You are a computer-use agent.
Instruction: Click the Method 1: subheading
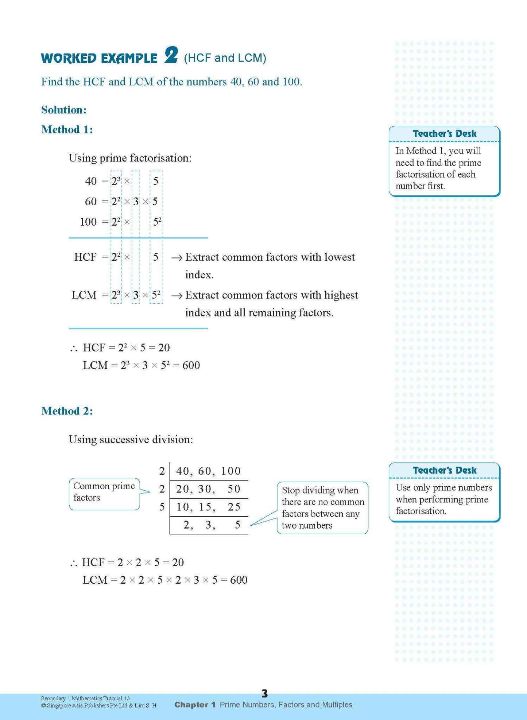click(x=67, y=129)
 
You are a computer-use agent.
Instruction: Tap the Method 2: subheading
click(x=67, y=411)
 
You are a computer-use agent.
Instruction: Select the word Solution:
click(x=64, y=110)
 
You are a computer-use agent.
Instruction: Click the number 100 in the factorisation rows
click(x=88, y=222)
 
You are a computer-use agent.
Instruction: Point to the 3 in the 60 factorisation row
click(x=136, y=202)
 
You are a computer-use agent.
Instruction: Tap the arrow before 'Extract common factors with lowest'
click(x=177, y=258)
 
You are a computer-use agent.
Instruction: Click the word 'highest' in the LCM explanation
click(x=341, y=295)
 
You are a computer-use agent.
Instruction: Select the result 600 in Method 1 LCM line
click(x=191, y=365)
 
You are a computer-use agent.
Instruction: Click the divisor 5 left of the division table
click(x=162, y=507)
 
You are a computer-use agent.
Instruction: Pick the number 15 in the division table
click(x=207, y=507)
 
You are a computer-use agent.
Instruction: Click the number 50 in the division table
click(x=234, y=489)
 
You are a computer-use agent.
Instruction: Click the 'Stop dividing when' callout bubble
click(x=322, y=507)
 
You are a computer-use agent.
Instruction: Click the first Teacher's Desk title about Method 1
click(x=444, y=134)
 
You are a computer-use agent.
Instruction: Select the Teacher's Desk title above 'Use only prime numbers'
click(x=444, y=470)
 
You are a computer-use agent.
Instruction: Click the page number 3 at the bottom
click(x=265, y=693)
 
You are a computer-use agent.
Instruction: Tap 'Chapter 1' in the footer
click(x=195, y=705)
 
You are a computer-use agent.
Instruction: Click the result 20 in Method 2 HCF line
click(x=178, y=562)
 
